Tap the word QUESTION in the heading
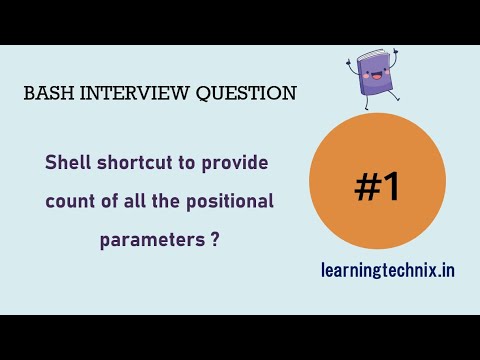click(x=246, y=94)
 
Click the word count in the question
click(x=68, y=201)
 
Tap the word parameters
click(x=150, y=240)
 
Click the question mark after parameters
click(x=215, y=240)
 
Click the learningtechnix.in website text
click(x=388, y=269)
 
